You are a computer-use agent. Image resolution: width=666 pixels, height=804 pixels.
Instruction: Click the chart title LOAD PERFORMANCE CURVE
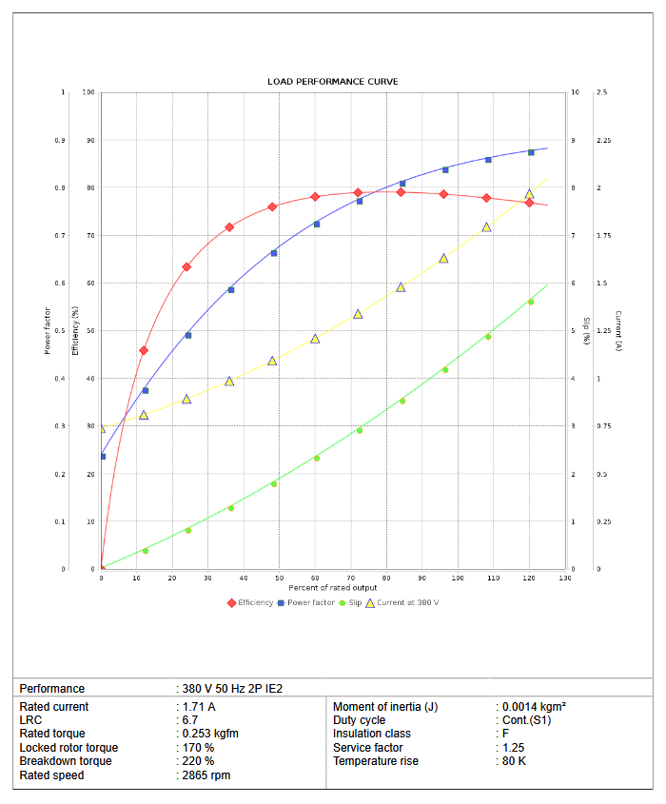pyautogui.click(x=332, y=82)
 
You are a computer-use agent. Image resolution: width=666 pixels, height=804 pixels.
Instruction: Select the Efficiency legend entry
pyautogui.click(x=251, y=602)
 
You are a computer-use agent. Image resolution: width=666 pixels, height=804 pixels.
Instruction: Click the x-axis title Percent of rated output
pyautogui.click(x=332, y=588)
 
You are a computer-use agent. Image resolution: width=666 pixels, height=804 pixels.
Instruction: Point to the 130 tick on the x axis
pyautogui.click(x=565, y=578)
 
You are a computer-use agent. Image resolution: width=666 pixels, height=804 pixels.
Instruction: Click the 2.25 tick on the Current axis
pyautogui.click(x=603, y=141)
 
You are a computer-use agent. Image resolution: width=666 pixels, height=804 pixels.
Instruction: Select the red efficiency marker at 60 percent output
pyautogui.click(x=315, y=197)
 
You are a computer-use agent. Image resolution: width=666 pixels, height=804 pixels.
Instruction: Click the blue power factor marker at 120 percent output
pyautogui.click(x=531, y=152)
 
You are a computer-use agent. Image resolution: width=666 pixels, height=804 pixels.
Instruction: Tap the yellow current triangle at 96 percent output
pyautogui.click(x=443, y=258)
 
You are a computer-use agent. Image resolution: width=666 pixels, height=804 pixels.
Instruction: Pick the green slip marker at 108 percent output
pyautogui.click(x=488, y=336)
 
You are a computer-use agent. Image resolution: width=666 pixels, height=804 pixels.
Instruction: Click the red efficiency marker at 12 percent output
pyautogui.click(x=144, y=350)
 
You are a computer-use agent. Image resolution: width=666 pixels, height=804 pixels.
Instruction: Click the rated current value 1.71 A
pyautogui.click(x=198, y=707)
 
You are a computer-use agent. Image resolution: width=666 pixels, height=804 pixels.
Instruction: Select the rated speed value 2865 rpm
pyautogui.click(x=206, y=775)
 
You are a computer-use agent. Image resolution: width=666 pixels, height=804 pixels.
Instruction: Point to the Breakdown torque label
pyautogui.click(x=66, y=761)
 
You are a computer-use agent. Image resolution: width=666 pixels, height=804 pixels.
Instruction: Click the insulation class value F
pyautogui.click(x=505, y=734)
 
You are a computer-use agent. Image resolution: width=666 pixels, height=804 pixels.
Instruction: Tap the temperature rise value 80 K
pyautogui.click(x=514, y=761)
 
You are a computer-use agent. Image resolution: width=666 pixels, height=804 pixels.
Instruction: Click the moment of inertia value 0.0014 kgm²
pyautogui.click(x=534, y=707)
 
